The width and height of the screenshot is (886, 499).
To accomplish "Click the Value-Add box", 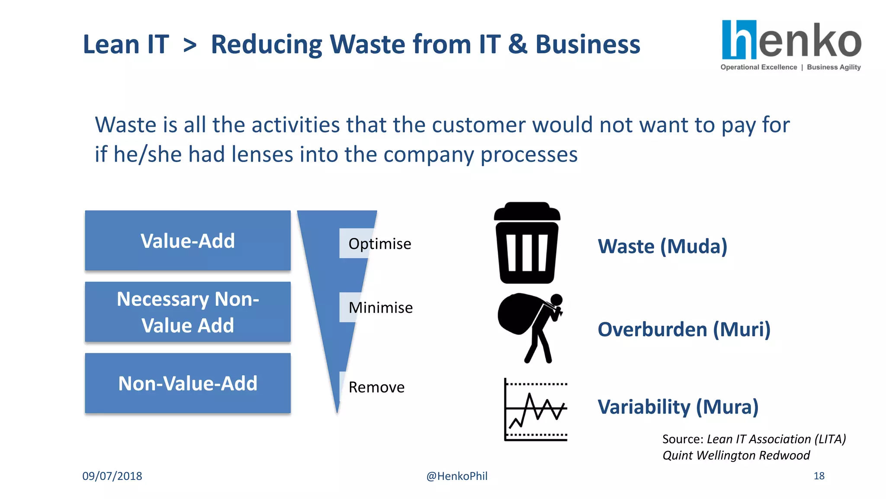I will click(x=187, y=241).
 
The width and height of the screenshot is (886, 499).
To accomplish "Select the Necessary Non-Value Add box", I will click(x=187, y=312).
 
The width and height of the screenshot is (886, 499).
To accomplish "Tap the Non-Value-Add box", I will click(x=187, y=383).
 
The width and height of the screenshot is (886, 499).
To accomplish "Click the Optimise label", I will click(x=379, y=244).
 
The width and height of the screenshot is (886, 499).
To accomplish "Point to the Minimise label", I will click(x=380, y=308).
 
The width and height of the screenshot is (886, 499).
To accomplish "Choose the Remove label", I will click(x=376, y=387).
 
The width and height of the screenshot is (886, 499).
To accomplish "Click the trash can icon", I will click(x=526, y=243).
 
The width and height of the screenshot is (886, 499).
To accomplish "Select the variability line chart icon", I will click(x=536, y=410).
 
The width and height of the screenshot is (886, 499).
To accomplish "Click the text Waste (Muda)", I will click(x=662, y=246).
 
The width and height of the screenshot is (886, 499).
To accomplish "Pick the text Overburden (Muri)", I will click(x=684, y=330).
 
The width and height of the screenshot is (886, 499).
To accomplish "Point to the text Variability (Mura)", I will click(x=678, y=407).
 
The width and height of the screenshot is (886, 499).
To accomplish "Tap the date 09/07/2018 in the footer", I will click(x=112, y=476).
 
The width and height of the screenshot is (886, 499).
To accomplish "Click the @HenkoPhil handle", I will click(x=457, y=476).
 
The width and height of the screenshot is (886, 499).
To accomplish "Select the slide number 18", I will click(x=819, y=476).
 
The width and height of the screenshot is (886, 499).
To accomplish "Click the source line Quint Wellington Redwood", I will click(x=736, y=455).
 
